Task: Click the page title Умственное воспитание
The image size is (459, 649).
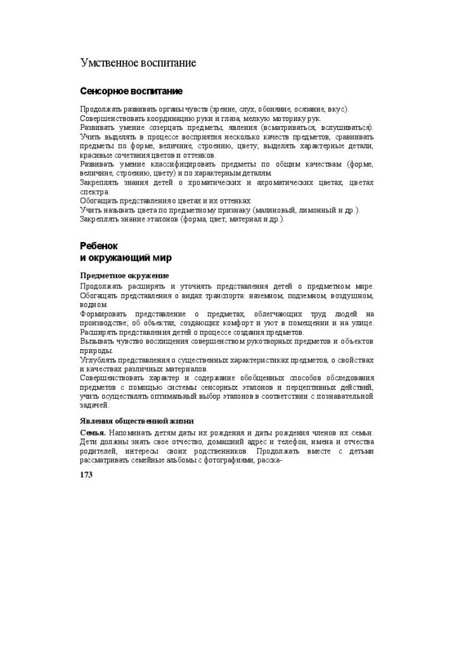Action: [x=138, y=63]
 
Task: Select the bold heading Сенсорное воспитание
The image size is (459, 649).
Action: [x=131, y=91]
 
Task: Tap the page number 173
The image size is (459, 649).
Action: [x=86, y=475]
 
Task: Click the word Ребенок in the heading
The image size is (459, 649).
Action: [x=99, y=246]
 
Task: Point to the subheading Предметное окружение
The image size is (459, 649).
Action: [x=124, y=276]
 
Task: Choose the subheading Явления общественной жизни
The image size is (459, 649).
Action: [x=136, y=421]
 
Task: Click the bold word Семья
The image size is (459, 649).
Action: [x=93, y=433]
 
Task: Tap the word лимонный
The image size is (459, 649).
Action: [x=323, y=210]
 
